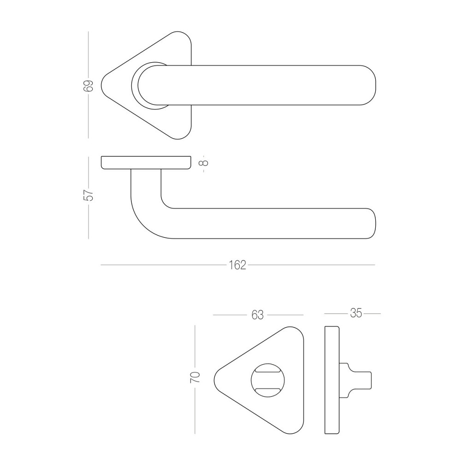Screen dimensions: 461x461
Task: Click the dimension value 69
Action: click(89, 85)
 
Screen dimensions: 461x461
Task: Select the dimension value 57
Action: click(89, 195)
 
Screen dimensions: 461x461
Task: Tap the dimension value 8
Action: click(203, 163)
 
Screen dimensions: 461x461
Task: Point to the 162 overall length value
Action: click(237, 265)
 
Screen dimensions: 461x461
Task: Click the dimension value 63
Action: click(258, 315)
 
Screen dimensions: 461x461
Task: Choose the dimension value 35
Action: click(356, 313)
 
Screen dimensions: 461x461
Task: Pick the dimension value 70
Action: click(195, 377)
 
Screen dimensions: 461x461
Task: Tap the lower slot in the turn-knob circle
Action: click(267, 390)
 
